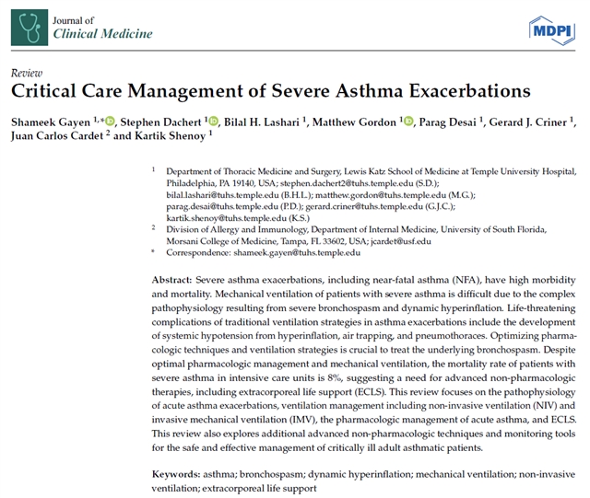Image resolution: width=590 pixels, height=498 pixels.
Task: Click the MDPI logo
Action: coord(549,30)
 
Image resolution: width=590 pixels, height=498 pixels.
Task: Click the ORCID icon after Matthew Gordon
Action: coord(408,121)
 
